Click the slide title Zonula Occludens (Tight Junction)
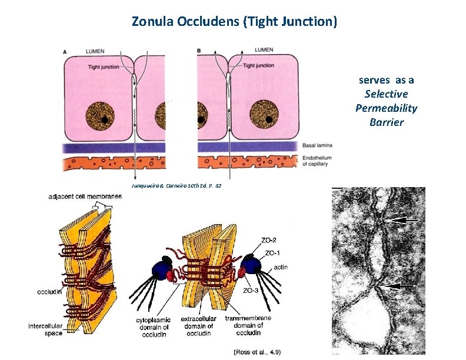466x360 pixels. pyautogui.click(x=234, y=22)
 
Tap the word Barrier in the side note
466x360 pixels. pyautogui.click(x=387, y=122)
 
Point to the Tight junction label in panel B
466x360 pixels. pyautogui.click(x=258, y=65)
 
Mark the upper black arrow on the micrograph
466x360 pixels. pyautogui.click(x=404, y=221)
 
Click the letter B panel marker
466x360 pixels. pyautogui.click(x=199, y=51)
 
